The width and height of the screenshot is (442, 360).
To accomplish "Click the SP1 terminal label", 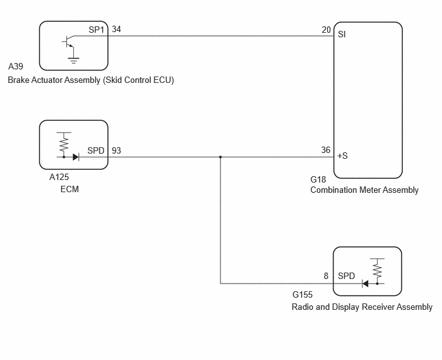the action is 96,30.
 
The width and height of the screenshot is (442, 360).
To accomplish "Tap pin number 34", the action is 116,29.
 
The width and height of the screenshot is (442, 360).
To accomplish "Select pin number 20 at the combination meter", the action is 326,30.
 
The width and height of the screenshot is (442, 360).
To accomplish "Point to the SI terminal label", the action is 342,35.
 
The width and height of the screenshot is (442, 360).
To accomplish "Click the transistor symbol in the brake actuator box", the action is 67,42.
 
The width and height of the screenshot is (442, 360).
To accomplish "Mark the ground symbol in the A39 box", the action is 74,60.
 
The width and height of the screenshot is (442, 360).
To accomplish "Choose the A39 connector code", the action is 15,66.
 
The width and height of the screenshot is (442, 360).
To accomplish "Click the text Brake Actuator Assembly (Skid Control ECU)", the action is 91,80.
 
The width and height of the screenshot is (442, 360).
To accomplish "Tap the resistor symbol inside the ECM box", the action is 64,143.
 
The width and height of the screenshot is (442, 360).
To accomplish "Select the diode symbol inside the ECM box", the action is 76,157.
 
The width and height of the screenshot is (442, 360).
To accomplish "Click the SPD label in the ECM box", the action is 96,150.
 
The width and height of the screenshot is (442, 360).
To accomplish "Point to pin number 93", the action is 116,150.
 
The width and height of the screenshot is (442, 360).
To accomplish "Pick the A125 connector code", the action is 59,177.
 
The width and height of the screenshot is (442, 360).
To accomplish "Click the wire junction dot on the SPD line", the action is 220,157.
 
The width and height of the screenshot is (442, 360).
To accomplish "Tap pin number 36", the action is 326,150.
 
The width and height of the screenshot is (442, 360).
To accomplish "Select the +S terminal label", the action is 342,156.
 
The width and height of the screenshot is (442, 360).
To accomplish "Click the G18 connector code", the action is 318,179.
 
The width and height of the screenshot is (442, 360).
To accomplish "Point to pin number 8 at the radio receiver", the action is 326,276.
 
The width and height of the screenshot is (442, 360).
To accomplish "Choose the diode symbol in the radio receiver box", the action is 366,283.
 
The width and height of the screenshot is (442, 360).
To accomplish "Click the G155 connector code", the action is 303,294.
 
